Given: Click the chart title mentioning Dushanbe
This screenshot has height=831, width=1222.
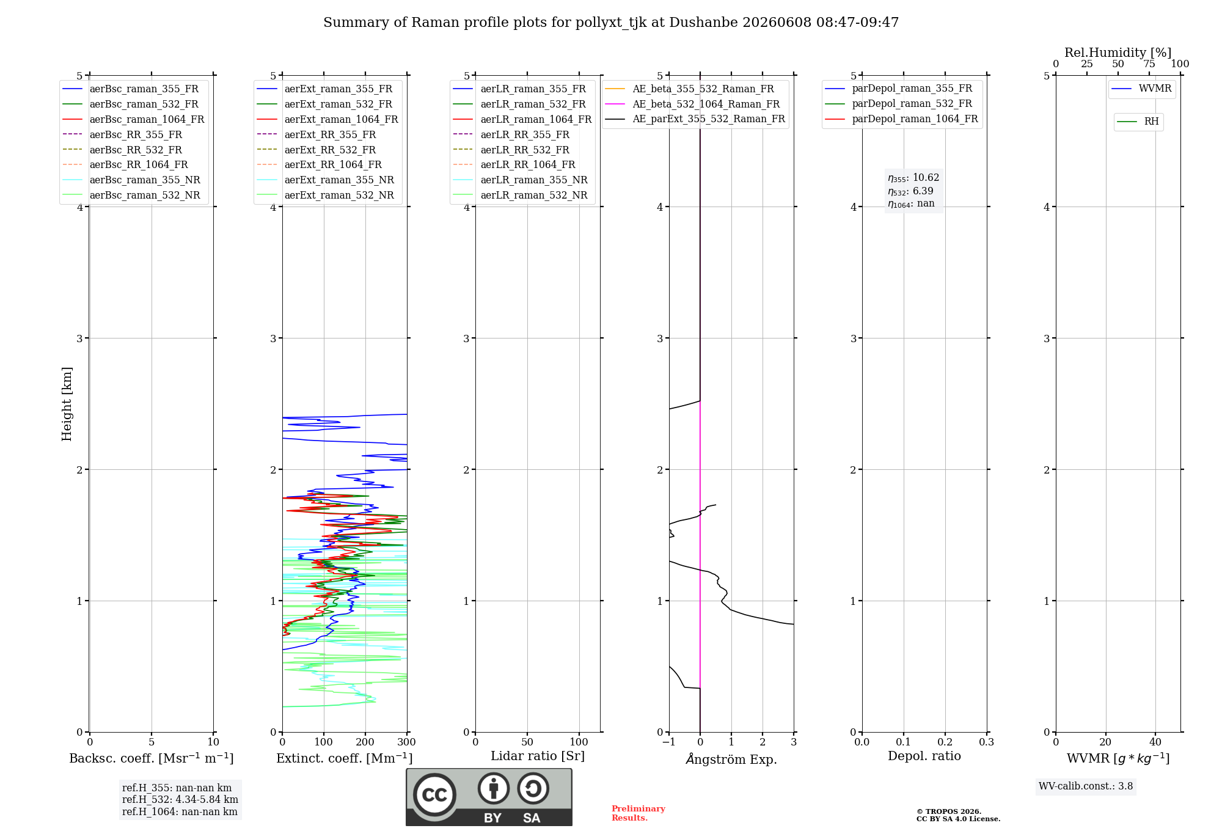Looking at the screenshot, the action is (611, 23).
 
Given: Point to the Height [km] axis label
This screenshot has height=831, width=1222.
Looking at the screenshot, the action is (67, 404).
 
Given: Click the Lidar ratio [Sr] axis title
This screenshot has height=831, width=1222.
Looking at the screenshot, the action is (538, 756).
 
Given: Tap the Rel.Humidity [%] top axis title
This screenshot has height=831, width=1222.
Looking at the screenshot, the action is (1118, 53).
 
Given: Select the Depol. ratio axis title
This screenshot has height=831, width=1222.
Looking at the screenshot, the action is (924, 756).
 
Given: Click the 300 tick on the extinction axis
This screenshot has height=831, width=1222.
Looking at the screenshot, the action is (407, 742).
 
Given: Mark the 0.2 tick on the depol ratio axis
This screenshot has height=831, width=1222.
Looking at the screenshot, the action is (945, 742).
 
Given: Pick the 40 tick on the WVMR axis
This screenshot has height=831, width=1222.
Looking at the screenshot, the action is (1155, 742).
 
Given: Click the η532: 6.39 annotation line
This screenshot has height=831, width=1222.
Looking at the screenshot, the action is (910, 191).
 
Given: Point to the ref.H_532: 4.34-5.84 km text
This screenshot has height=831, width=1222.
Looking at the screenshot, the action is (180, 800).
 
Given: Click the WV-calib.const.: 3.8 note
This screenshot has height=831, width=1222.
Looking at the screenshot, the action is (1086, 786).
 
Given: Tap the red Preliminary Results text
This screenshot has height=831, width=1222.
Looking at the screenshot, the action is (638, 813).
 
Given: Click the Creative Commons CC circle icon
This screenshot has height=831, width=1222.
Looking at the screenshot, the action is (434, 795).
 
